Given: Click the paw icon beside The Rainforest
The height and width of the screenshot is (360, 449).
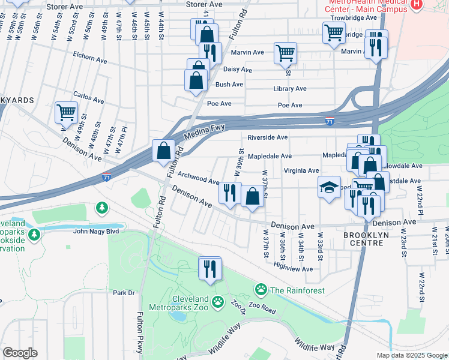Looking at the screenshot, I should point(261,290).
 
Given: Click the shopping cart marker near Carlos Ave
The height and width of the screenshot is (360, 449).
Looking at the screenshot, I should point(66,112).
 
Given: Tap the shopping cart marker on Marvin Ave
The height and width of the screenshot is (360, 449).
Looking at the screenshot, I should point(285,53).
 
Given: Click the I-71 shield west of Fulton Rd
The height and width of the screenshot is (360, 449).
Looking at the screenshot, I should point(106,178).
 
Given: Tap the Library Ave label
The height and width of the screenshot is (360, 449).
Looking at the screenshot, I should point(289,89).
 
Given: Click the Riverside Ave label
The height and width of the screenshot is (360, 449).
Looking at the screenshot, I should point(268,137).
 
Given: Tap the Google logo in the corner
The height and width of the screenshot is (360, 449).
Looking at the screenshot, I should point(20,353).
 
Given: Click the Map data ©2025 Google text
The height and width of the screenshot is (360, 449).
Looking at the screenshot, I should point(412,355).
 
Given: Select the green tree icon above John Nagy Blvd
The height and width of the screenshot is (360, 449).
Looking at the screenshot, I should point(102,208).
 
